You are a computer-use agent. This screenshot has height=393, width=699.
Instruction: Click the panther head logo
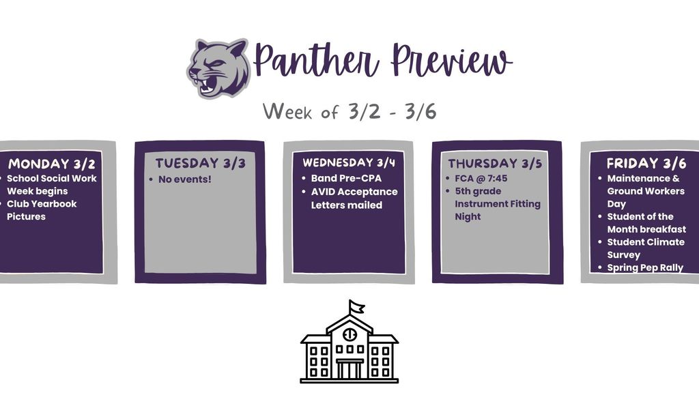point(218,68)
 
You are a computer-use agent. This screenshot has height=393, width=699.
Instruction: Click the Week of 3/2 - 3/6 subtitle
point(349,111)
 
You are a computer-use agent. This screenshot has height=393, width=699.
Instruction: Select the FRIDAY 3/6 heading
point(646,164)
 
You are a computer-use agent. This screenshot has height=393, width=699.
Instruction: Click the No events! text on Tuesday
point(185,179)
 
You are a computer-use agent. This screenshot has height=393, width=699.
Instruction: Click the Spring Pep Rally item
point(645,267)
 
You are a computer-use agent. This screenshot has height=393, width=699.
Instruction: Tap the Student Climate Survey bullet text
point(646,248)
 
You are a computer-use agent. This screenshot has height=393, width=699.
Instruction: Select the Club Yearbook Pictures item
point(42,210)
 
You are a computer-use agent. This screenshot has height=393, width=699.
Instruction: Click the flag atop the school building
point(356,306)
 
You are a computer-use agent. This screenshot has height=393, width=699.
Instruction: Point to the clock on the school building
point(349,335)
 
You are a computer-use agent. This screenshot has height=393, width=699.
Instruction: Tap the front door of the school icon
point(349,369)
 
